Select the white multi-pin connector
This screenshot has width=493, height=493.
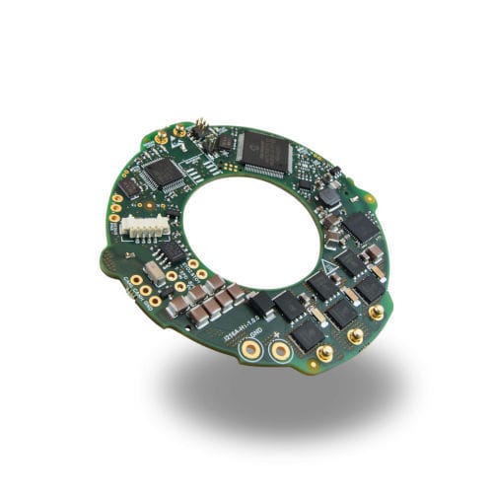[143, 226]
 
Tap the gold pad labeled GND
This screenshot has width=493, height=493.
[252, 348]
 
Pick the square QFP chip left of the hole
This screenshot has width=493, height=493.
[164, 174]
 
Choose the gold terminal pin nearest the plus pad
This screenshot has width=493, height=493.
[323, 352]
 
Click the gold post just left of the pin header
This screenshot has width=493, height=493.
[179, 129]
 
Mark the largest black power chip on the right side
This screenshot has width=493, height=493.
[361, 229]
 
